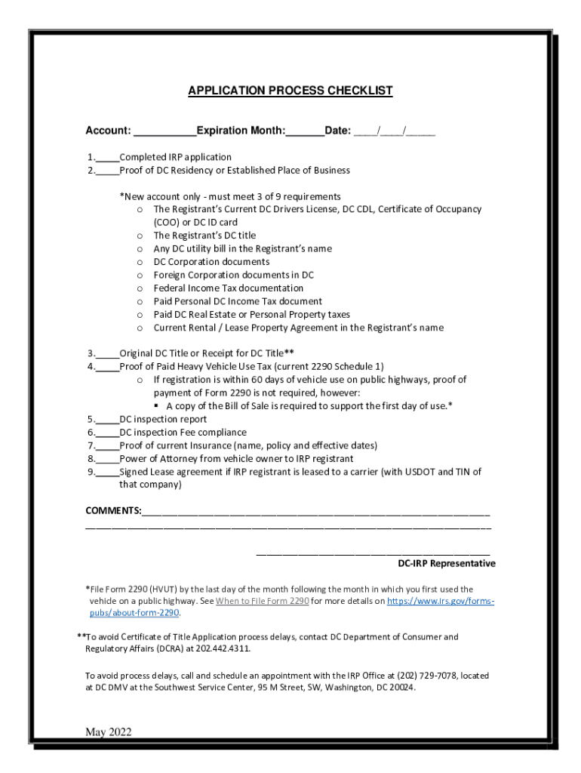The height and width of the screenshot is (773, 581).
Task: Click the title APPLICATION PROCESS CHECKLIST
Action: click(x=290, y=91)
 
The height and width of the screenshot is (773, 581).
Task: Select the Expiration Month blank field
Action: click(x=305, y=132)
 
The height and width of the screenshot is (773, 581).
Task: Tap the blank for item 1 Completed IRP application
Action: click(x=108, y=158)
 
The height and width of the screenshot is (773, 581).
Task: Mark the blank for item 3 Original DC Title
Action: click(x=108, y=353)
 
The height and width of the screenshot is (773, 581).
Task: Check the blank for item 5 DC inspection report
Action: click(x=108, y=420)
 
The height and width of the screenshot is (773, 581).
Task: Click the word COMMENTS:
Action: click(x=113, y=511)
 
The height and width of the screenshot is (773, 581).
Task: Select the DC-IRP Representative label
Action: click(x=447, y=564)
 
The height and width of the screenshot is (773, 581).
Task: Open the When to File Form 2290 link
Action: click(x=262, y=602)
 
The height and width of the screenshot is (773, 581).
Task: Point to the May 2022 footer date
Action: click(x=109, y=732)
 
